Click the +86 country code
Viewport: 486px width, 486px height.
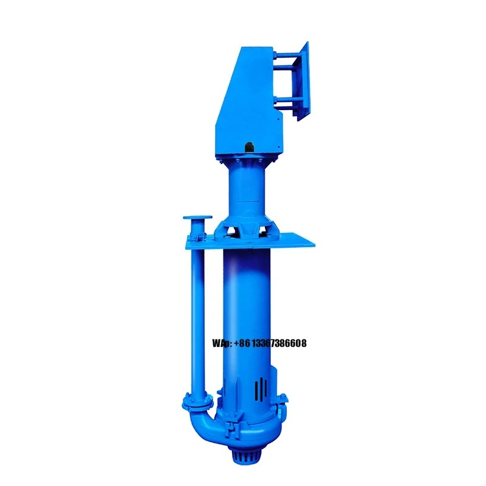[x=241, y=344]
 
